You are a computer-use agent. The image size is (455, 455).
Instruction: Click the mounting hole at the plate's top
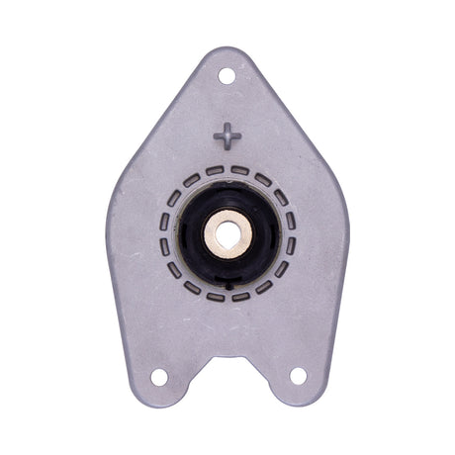227,75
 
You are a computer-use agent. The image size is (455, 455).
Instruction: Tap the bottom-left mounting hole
158,376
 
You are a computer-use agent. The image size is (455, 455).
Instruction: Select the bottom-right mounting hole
297,376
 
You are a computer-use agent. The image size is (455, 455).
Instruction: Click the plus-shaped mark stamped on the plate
227,136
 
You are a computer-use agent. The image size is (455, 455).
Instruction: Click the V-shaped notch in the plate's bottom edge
227,356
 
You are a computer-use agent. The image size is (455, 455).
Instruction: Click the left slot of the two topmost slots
215,171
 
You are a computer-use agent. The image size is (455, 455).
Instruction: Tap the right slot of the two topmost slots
240,171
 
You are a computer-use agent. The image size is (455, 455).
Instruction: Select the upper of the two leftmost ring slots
165,222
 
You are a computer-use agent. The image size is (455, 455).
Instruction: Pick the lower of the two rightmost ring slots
290,246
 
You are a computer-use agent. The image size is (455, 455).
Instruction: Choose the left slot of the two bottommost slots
215,296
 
